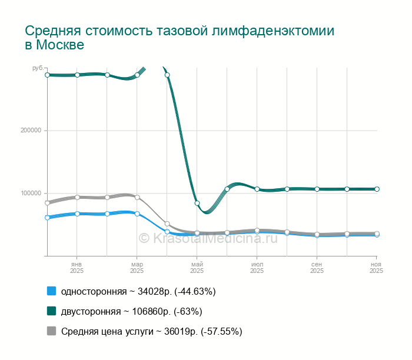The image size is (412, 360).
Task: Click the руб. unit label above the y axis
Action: point(38,69)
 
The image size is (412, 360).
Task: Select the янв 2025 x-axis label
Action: point(77,267)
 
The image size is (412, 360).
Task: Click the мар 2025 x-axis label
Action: point(137,267)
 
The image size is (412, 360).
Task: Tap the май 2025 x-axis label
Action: point(197,267)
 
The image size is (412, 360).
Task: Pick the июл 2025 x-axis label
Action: point(257,267)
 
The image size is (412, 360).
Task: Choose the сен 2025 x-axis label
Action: point(317,267)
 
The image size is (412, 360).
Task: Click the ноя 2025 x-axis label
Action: point(376,267)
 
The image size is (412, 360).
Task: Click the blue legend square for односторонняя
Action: point(51,291)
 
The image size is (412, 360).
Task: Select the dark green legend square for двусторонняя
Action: point(51,311)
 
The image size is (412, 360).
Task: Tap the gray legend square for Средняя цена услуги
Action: point(51,331)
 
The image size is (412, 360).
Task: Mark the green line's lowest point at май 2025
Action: point(197,204)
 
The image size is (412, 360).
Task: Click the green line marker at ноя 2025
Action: point(377,189)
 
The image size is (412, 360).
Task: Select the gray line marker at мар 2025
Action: point(137,198)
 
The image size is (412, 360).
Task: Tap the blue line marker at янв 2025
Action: point(77,214)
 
